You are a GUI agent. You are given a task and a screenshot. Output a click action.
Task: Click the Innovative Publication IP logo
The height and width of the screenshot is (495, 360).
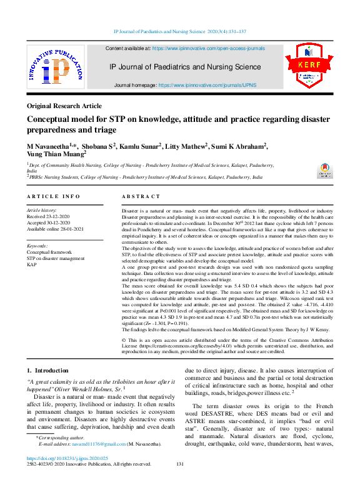55,69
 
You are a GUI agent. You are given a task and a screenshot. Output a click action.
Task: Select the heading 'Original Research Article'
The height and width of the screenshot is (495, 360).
64,106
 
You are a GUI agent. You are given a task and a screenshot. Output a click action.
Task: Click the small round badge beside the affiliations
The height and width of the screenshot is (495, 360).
324,169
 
